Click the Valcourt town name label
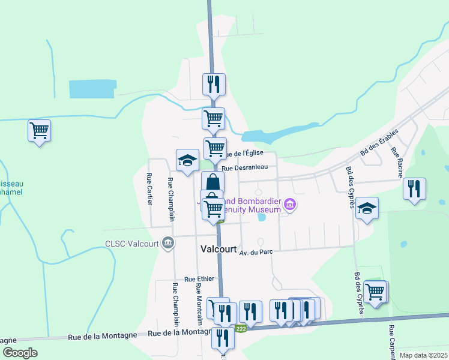(x=217, y=249)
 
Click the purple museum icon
(x=290, y=206)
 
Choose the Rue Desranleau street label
(x=249, y=168)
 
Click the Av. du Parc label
(x=256, y=252)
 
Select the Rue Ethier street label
(x=199, y=279)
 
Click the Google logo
(x=20, y=352)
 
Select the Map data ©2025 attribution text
(x=423, y=355)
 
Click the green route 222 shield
(x=241, y=328)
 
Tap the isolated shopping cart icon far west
(x=39, y=129)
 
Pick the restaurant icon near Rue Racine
(x=414, y=188)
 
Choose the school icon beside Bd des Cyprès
(x=367, y=208)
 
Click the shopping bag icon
(x=212, y=181)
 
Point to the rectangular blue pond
(x=91, y=89)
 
